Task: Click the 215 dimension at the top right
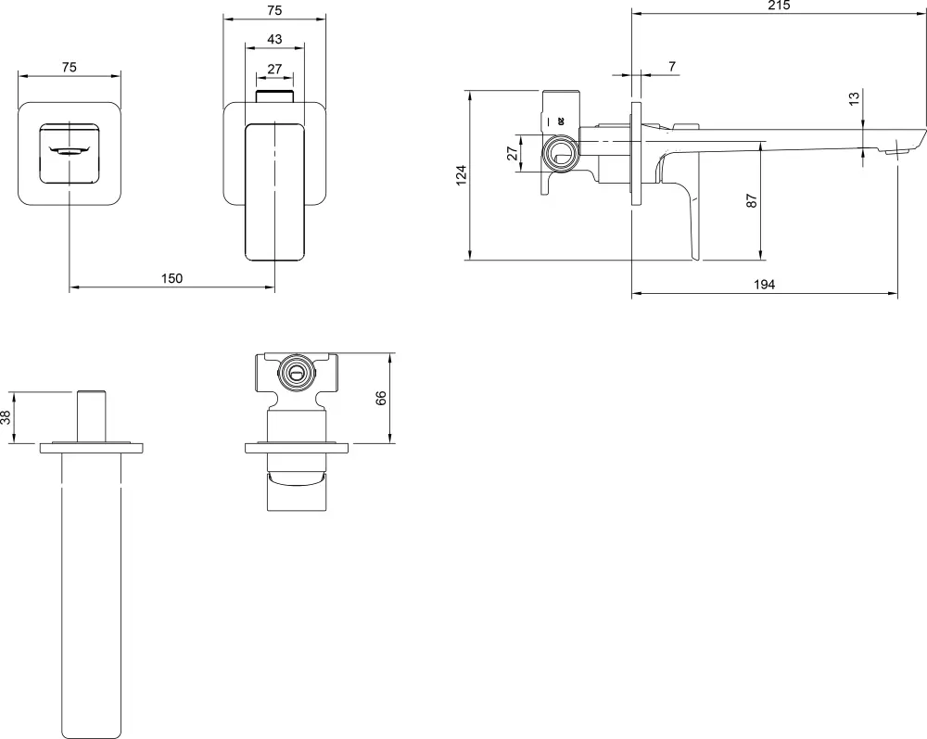(780, 6)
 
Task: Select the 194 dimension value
(764, 285)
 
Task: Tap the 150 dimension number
(172, 278)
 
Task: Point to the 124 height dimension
(462, 175)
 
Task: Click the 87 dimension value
(752, 200)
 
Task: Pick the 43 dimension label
(275, 40)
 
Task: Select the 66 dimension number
(381, 398)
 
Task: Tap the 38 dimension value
(6, 418)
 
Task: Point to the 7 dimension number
(672, 67)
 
